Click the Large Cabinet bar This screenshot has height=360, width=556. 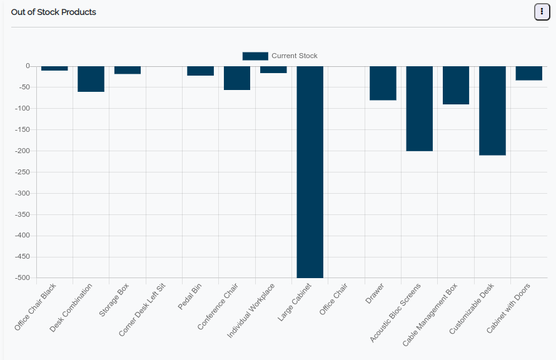[x=310, y=172]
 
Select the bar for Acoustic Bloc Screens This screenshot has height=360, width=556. [x=419, y=109]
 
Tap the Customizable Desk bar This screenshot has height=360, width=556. [x=492, y=111]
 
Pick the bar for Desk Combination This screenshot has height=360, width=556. [x=91, y=79]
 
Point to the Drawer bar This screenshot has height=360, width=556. [x=383, y=83]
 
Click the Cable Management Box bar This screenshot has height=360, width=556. [x=456, y=86]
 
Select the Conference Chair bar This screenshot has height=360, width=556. [x=237, y=78]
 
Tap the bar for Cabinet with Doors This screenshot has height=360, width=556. [x=528, y=73]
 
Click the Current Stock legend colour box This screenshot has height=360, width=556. [x=255, y=56]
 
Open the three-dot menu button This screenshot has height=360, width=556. [x=542, y=12]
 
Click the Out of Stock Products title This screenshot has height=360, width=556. [x=54, y=12]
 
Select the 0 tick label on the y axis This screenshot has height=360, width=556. [x=28, y=66]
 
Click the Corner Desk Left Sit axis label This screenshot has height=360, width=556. [x=143, y=309]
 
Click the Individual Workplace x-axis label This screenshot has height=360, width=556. [x=251, y=311]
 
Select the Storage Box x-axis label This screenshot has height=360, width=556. [x=114, y=299]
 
